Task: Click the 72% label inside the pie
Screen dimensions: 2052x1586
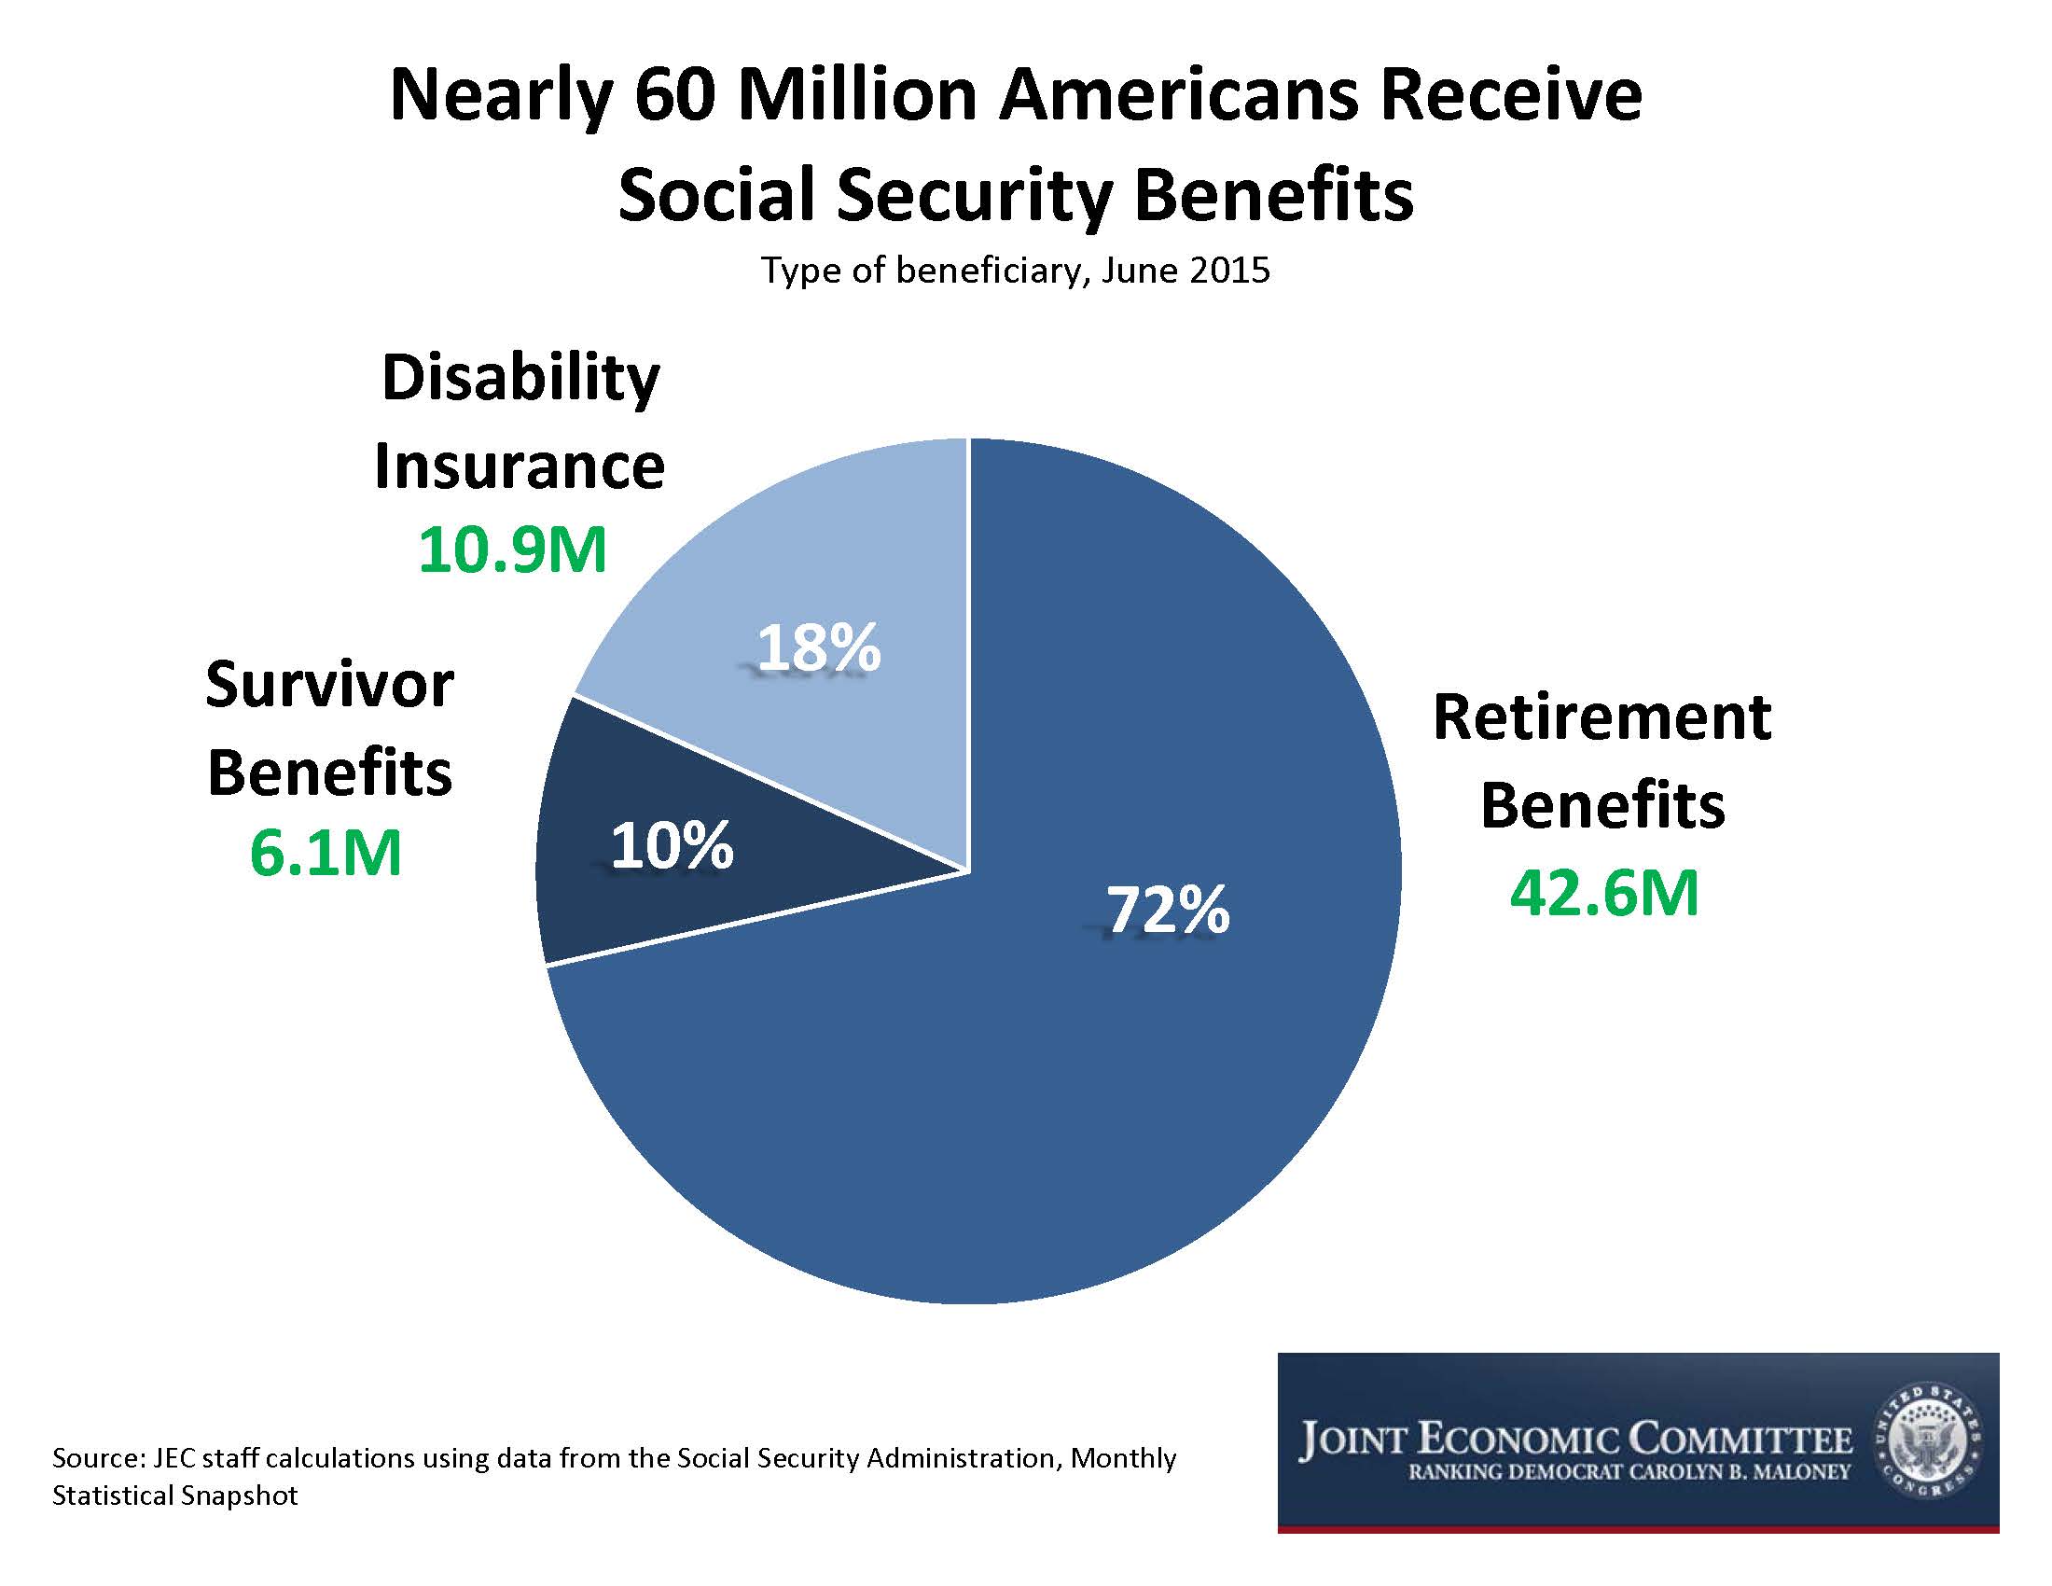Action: (x=1167, y=910)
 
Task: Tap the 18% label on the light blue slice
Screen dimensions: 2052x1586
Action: (x=818, y=647)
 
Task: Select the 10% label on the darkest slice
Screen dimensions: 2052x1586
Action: (x=672, y=844)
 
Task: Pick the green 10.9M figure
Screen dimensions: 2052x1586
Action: (x=513, y=550)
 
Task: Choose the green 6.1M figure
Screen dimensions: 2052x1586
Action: (x=326, y=852)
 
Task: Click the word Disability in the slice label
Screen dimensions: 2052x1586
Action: (x=520, y=379)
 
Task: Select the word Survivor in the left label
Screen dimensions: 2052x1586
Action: (x=330, y=684)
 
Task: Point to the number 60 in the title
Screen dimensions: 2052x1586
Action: (x=673, y=96)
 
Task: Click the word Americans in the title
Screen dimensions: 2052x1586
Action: (x=1178, y=96)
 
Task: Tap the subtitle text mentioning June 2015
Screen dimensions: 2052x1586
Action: (x=1016, y=271)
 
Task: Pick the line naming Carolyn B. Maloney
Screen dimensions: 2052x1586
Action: (x=1629, y=1473)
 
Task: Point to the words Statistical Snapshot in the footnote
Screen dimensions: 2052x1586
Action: (x=174, y=1495)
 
